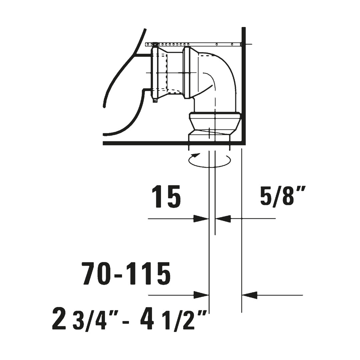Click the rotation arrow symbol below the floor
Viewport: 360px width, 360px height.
(209, 160)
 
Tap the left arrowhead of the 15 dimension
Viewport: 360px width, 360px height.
(201, 219)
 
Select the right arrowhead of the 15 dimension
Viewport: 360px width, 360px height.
(223, 219)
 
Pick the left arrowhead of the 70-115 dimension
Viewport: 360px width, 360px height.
(201, 295)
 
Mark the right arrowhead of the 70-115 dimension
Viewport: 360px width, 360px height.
(249, 295)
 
